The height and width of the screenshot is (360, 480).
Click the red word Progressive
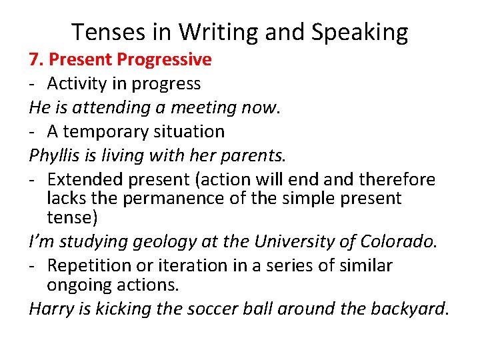164,60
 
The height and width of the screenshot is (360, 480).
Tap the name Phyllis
51,156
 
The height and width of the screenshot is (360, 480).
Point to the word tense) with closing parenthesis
71,217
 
